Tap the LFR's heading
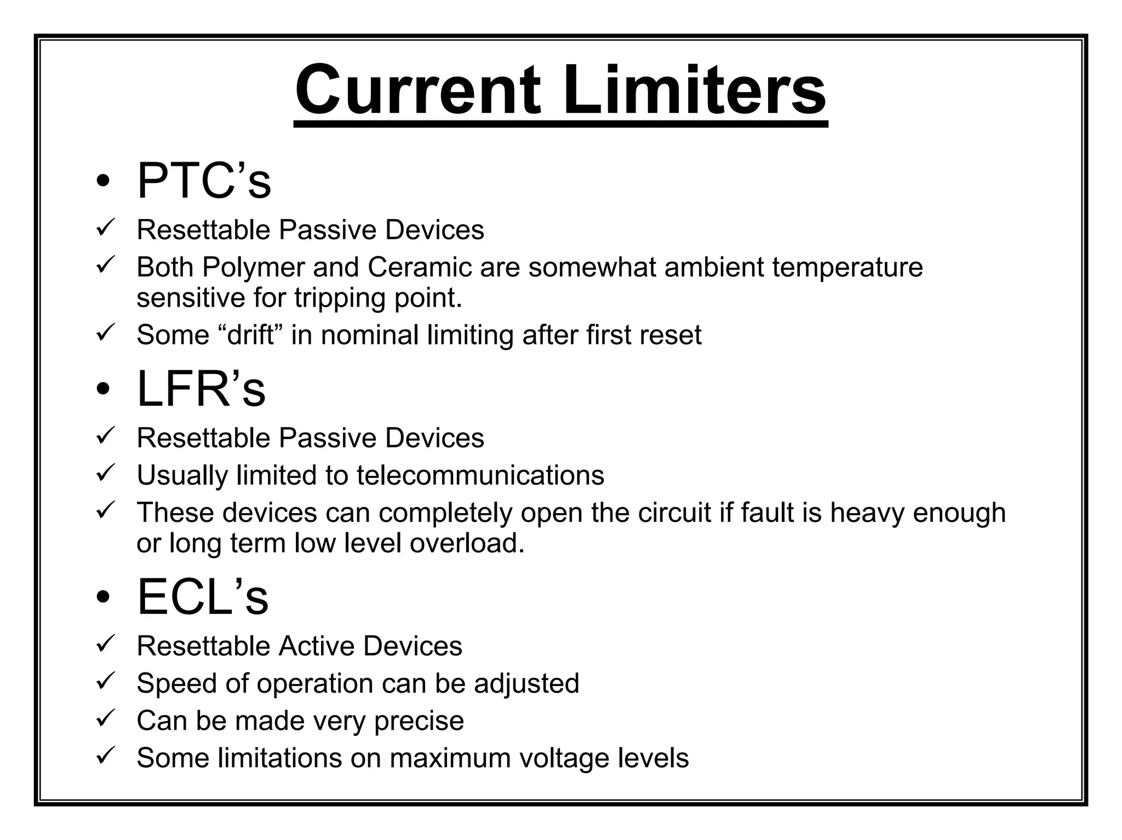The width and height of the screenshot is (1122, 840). [x=201, y=389]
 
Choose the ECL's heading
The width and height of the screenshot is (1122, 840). [x=202, y=597]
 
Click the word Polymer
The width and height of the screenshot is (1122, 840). [x=253, y=268]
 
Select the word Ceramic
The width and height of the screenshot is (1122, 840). [x=420, y=268]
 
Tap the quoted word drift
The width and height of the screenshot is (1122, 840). [x=250, y=335]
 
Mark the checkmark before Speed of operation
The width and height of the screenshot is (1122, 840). [x=104, y=682]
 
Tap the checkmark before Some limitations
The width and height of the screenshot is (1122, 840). [x=104, y=756]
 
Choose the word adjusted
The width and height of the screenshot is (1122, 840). [x=526, y=683]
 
